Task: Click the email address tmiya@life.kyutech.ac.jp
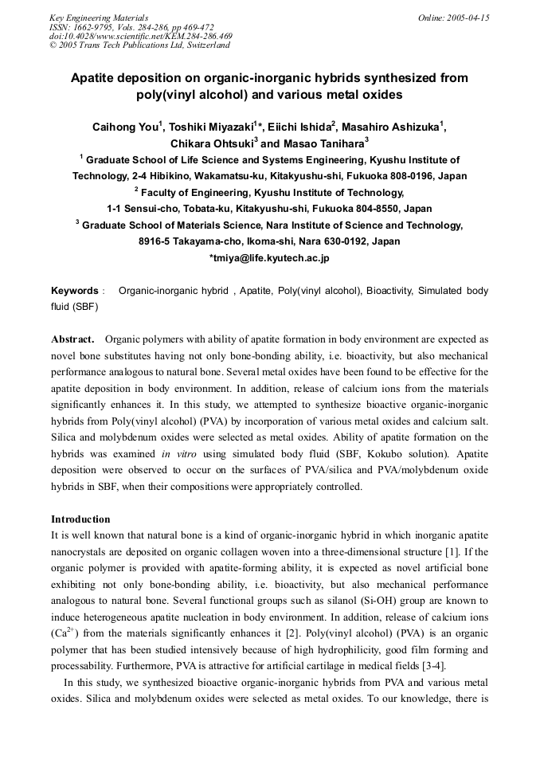[270, 258]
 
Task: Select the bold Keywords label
[75, 291]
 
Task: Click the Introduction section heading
[80, 519]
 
